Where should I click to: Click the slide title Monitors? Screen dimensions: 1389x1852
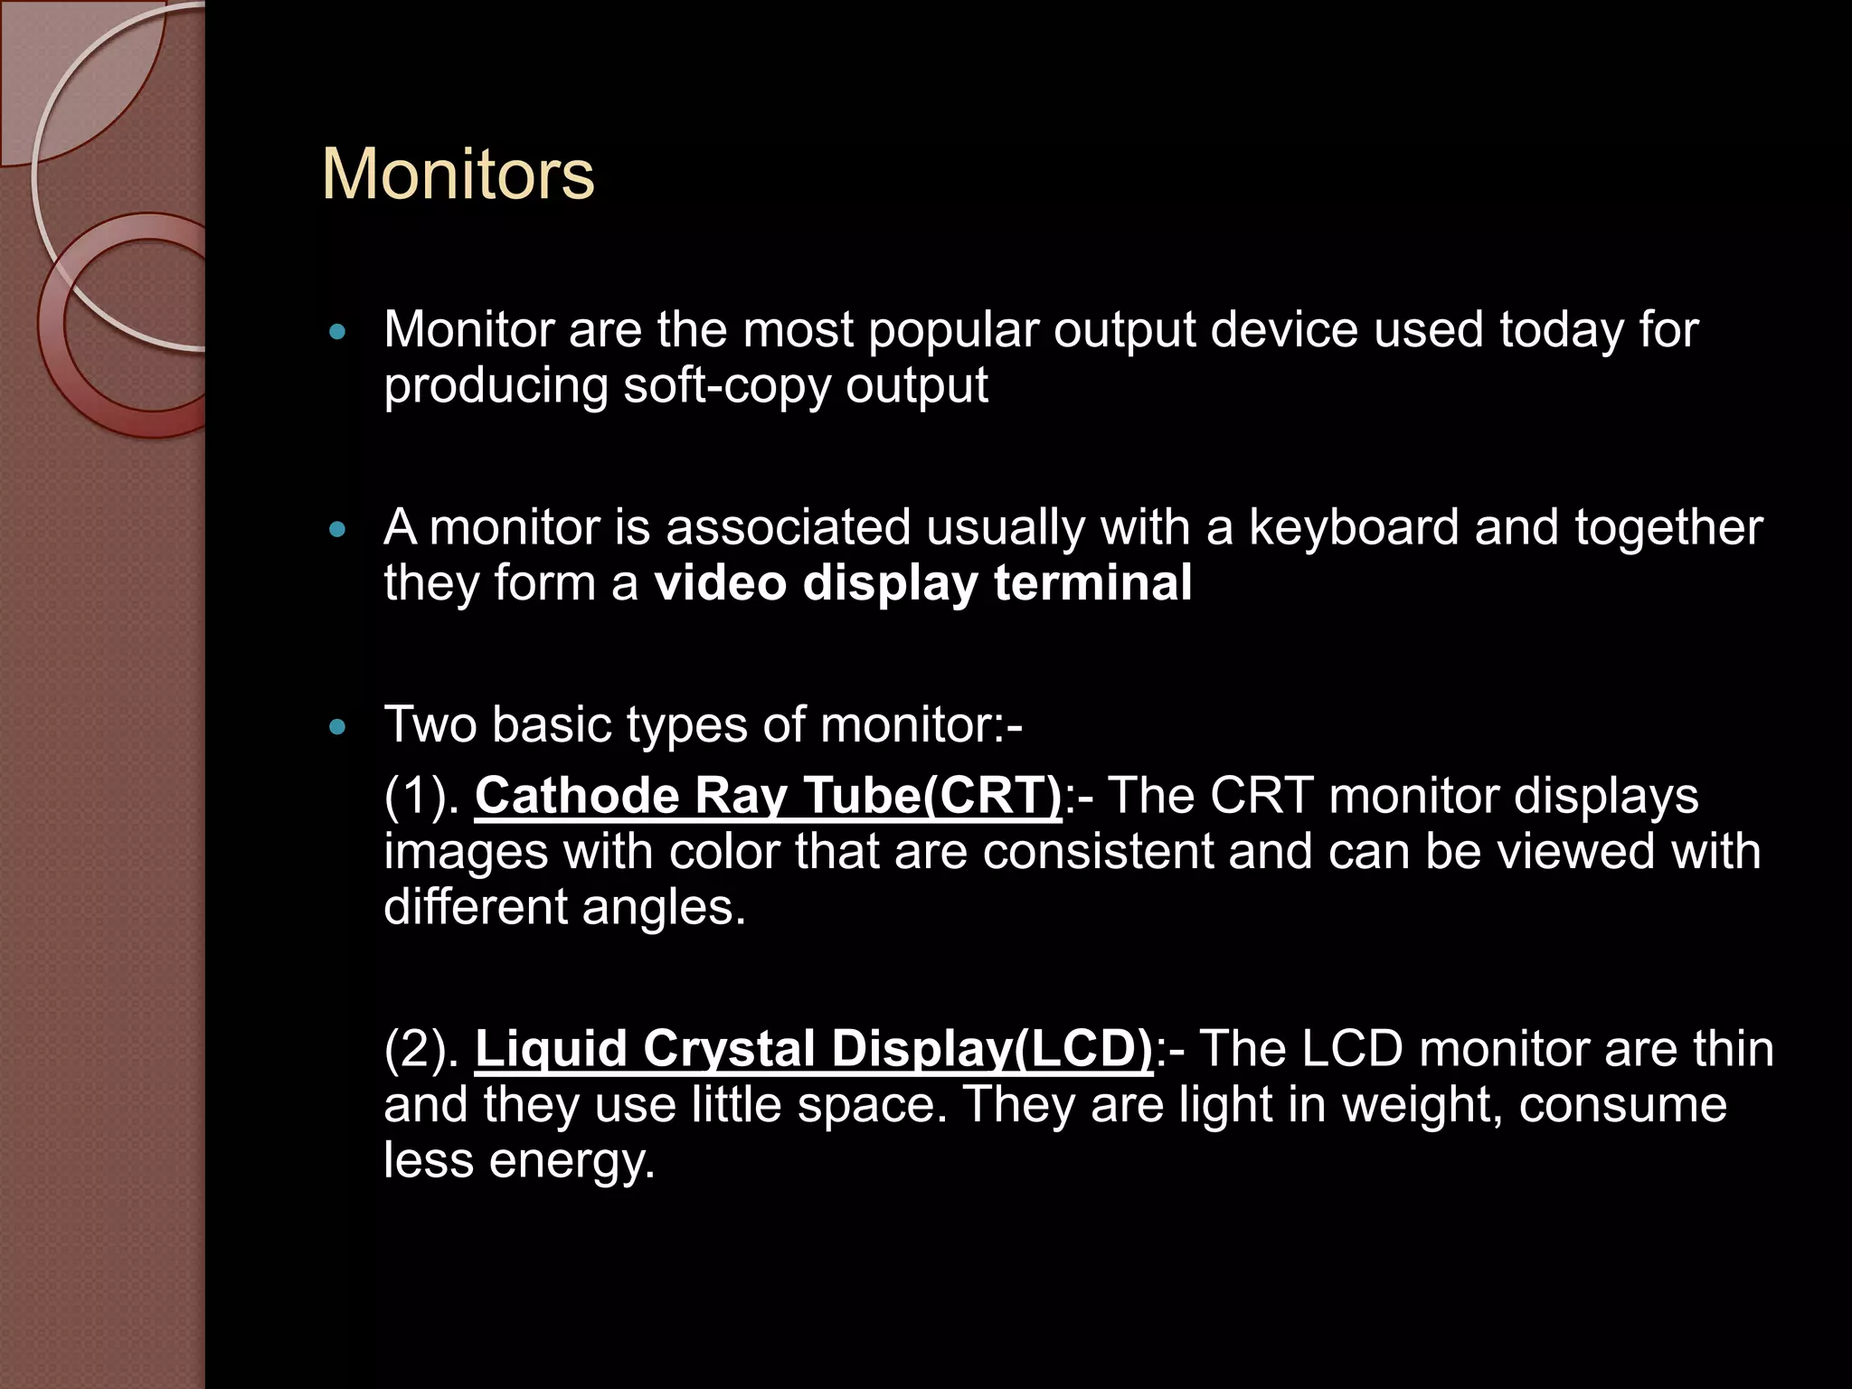[x=458, y=174]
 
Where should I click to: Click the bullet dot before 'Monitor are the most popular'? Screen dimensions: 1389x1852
[x=338, y=333]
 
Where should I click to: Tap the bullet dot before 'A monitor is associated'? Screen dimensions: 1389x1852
[x=338, y=530]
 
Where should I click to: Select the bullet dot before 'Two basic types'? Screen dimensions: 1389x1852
[x=338, y=727]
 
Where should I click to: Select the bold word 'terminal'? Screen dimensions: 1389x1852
[x=1092, y=583]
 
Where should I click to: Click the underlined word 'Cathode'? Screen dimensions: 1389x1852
[x=576, y=797]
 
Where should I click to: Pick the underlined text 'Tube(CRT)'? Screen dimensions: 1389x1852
[x=932, y=797]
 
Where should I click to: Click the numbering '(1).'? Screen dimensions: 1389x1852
[x=422, y=797]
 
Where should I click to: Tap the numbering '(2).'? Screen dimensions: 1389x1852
[x=422, y=1050]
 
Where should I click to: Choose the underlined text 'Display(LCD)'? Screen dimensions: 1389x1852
[x=992, y=1050]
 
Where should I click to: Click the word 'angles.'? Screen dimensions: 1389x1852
[x=664, y=907]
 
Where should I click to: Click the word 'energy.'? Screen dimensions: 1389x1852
[x=572, y=1161]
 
